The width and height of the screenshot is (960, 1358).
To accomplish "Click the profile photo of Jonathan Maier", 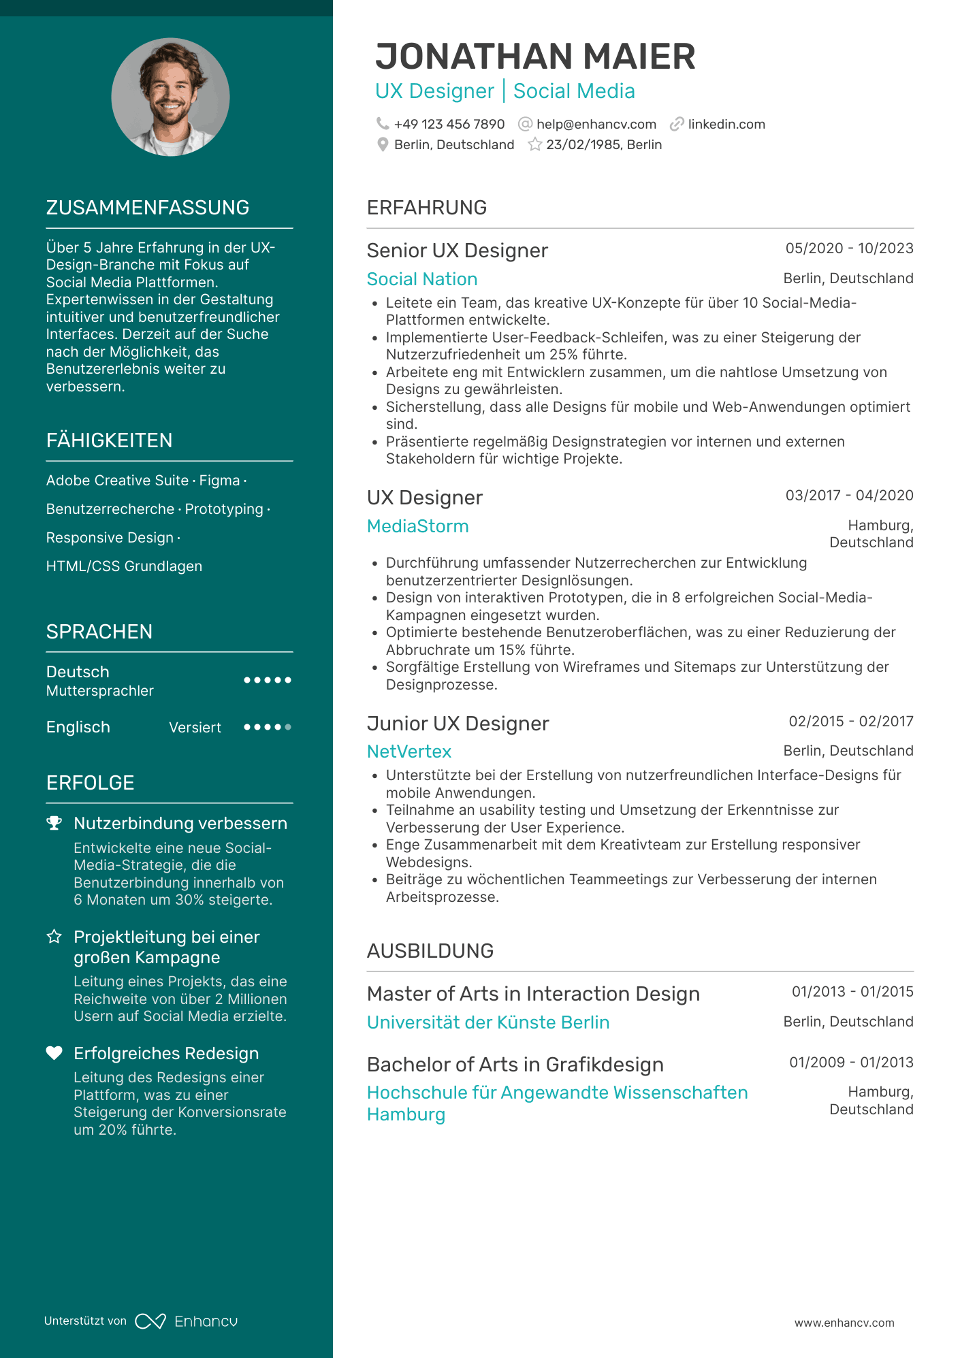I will [170, 97].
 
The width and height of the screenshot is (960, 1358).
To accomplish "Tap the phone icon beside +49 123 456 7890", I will [383, 124].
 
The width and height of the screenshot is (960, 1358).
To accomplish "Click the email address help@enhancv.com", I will [596, 125].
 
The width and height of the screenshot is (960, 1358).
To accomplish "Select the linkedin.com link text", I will [726, 125].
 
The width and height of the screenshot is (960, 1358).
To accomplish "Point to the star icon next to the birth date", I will [535, 144].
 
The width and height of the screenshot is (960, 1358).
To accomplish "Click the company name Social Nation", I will [422, 279].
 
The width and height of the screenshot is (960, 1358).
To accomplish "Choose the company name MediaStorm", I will [417, 526].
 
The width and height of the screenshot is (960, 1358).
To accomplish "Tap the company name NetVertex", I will [409, 751].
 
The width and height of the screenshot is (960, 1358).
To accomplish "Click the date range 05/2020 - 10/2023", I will [849, 248].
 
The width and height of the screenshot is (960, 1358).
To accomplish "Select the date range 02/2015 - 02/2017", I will [850, 722].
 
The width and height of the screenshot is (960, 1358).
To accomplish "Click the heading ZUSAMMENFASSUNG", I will [148, 208].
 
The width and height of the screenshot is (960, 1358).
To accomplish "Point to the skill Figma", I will [219, 481].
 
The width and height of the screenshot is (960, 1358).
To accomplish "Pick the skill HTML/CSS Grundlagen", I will [124, 566].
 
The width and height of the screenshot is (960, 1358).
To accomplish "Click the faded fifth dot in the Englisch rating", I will [288, 727].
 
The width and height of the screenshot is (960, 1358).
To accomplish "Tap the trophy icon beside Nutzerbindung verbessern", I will [54, 823].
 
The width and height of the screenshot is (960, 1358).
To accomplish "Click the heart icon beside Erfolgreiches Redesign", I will [54, 1053].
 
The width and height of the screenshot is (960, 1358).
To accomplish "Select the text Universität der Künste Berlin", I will [487, 1022].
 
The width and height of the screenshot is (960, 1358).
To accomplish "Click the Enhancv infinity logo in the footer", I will [150, 1321].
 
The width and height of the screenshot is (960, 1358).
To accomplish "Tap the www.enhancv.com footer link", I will [844, 1323].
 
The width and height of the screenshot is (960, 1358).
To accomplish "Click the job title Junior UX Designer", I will [458, 724].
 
